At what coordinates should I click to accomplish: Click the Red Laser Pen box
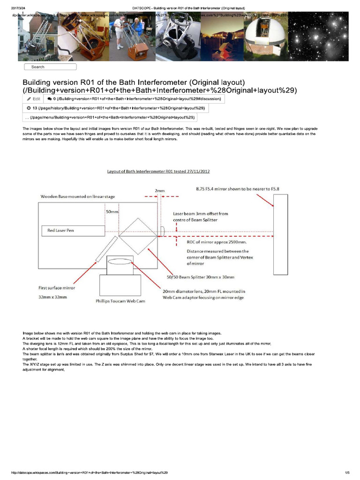click(x=75, y=230)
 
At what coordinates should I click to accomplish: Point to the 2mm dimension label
click(x=159, y=191)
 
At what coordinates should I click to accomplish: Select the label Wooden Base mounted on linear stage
click(x=77, y=196)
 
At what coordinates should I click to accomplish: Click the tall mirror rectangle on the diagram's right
click(x=280, y=234)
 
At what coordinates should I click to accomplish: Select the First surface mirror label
click(x=56, y=288)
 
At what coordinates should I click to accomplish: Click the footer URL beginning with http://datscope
click(x=89, y=472)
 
